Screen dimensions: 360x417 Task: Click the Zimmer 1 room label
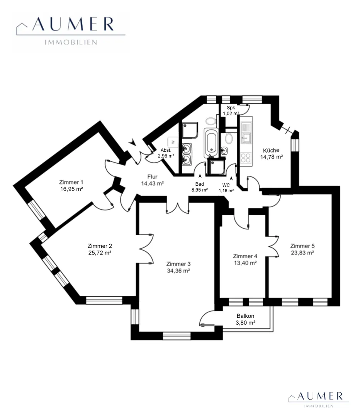click(71, 182)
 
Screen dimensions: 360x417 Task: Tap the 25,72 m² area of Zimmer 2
click(100, 253)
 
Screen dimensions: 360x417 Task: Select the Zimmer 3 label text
click(178, 264)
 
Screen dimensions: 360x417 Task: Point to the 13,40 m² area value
click(245, 263)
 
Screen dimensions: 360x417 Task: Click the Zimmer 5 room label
click(302, 246)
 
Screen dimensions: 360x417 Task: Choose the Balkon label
click(245, 316)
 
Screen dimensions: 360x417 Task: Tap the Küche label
click(271, 150)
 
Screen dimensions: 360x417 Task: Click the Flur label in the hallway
click(152, 176)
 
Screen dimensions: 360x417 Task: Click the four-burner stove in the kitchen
click(245, 158)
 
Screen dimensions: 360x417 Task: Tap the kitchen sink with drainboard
click(246, 132)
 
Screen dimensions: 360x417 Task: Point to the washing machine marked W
click(173, 142)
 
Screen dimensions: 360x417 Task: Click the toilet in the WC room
click(229, 138)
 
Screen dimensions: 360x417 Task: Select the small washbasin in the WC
click(224, 151)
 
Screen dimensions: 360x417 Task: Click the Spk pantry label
click(231, 108)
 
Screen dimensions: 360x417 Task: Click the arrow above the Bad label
click(200, 176)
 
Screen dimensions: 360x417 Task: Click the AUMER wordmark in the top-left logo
click(73, 24)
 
